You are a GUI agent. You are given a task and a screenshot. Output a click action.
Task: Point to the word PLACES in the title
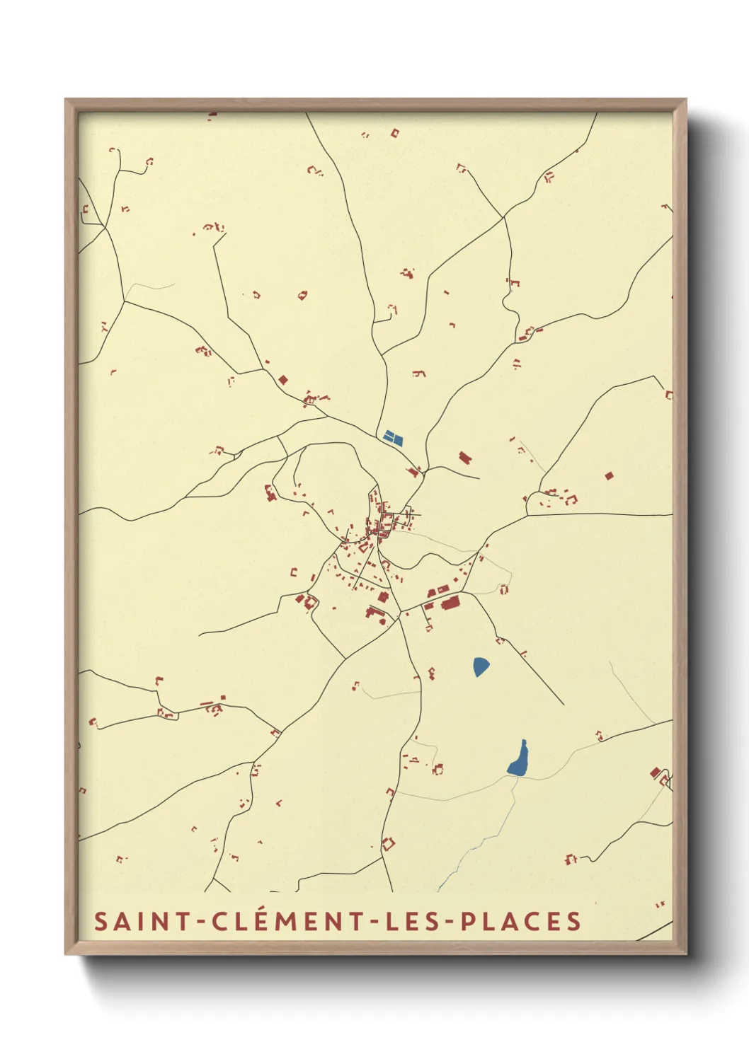click(521, 922)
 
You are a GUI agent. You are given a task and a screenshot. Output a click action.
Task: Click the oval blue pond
click(481, 666)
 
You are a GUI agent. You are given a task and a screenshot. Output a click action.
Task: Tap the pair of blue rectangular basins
click(392, 437)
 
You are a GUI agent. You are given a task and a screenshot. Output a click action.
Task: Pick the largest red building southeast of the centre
click(450, 603)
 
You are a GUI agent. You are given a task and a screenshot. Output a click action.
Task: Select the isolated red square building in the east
click(609, 476)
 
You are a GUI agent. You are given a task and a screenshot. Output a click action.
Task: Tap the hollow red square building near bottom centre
click(387, 843)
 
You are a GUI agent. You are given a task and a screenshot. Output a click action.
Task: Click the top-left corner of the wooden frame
click(66, 100)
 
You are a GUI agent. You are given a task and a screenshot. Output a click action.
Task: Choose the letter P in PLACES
click(468, 922)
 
